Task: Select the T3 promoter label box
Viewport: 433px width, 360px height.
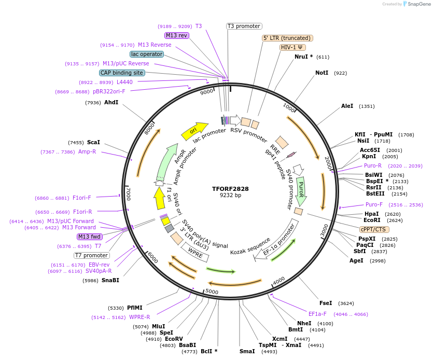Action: pos(244,26)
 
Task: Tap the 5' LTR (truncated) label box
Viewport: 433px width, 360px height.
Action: pos(287,38)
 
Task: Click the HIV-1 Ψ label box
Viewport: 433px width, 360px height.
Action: pos(293,47)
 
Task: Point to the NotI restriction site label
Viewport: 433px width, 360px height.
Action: pos(322,73)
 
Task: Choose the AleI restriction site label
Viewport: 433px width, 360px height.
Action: pos(347,106)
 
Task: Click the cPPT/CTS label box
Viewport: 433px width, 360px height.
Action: pos(374,229)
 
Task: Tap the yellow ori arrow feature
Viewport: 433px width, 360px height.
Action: pos(194,131)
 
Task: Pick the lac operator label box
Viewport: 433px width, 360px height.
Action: pos(147,54)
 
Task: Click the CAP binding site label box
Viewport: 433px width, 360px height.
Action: pos(122,73)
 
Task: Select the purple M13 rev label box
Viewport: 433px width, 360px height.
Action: pos(176,35)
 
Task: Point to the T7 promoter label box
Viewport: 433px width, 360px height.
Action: pos(92,255)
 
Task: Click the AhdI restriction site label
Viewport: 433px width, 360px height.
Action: pos(111,102)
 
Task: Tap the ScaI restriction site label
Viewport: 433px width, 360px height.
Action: pos(93,142)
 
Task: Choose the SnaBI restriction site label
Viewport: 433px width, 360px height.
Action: pos(110,280)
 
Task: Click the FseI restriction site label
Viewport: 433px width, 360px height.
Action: pos(326,303)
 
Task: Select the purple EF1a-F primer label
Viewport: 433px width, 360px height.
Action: pos(317,314)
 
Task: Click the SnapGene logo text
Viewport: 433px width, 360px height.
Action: pos(418,4)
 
